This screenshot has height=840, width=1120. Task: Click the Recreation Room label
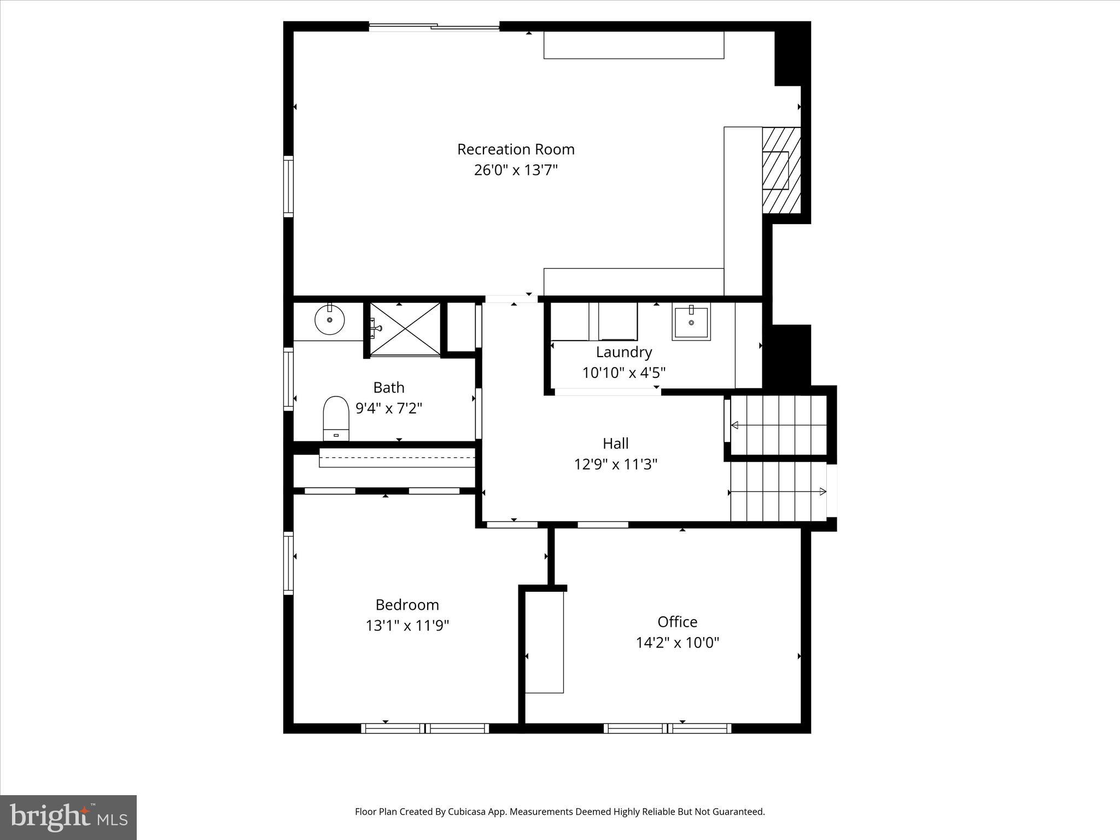click(515, 149)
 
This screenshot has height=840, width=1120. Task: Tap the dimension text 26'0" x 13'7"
click(515, 170)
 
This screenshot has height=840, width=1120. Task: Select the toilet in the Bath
click(336, 418)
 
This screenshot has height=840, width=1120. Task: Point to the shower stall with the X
click(405, 329)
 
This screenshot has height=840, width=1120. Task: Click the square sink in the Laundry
click(691, 323)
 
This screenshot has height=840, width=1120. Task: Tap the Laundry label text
click(623, 352)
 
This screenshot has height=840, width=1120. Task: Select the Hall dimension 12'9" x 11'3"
click(615, 464)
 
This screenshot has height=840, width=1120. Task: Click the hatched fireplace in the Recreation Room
click(781, 170)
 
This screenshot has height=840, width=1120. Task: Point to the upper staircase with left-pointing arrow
click(779, 425)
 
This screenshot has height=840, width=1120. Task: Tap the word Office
click(677, 622)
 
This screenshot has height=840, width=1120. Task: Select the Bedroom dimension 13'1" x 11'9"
click(407, 626)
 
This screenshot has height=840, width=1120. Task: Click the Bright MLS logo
click(68, 817)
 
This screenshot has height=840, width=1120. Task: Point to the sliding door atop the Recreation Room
click(434, 26)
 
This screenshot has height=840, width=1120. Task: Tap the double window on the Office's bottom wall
click(667, 728)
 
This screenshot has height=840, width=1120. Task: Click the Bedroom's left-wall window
click(288, 563)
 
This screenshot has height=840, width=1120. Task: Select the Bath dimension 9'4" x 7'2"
click(389, 409)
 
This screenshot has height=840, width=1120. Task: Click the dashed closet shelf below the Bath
click(397, 458)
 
